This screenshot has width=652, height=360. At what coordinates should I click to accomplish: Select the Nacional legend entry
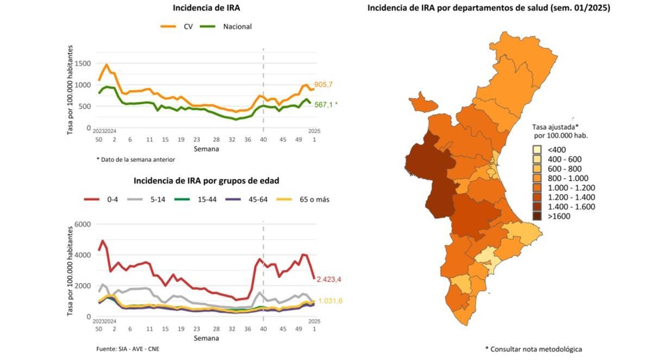coord(225,27)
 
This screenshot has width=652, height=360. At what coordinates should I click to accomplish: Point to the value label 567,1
coord(324,104)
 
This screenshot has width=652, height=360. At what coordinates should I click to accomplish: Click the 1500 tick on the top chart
coord(83,64)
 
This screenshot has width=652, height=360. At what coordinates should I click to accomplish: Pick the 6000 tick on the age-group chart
coord(83,224)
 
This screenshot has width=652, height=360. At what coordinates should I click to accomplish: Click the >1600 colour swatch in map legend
coord(537,216)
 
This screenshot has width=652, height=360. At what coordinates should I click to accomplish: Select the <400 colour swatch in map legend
coord(537,149)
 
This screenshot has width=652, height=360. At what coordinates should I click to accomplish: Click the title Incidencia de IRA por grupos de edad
coord(206,180)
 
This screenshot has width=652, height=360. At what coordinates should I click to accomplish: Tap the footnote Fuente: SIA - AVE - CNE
coord(128,348)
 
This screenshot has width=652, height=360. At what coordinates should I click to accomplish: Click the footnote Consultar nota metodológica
coord(533,349)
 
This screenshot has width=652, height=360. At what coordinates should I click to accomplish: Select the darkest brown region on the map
coord(429,174)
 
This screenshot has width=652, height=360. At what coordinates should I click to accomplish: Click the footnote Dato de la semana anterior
coord(136,159)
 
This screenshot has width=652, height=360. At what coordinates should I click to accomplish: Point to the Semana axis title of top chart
coord(206,149)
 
